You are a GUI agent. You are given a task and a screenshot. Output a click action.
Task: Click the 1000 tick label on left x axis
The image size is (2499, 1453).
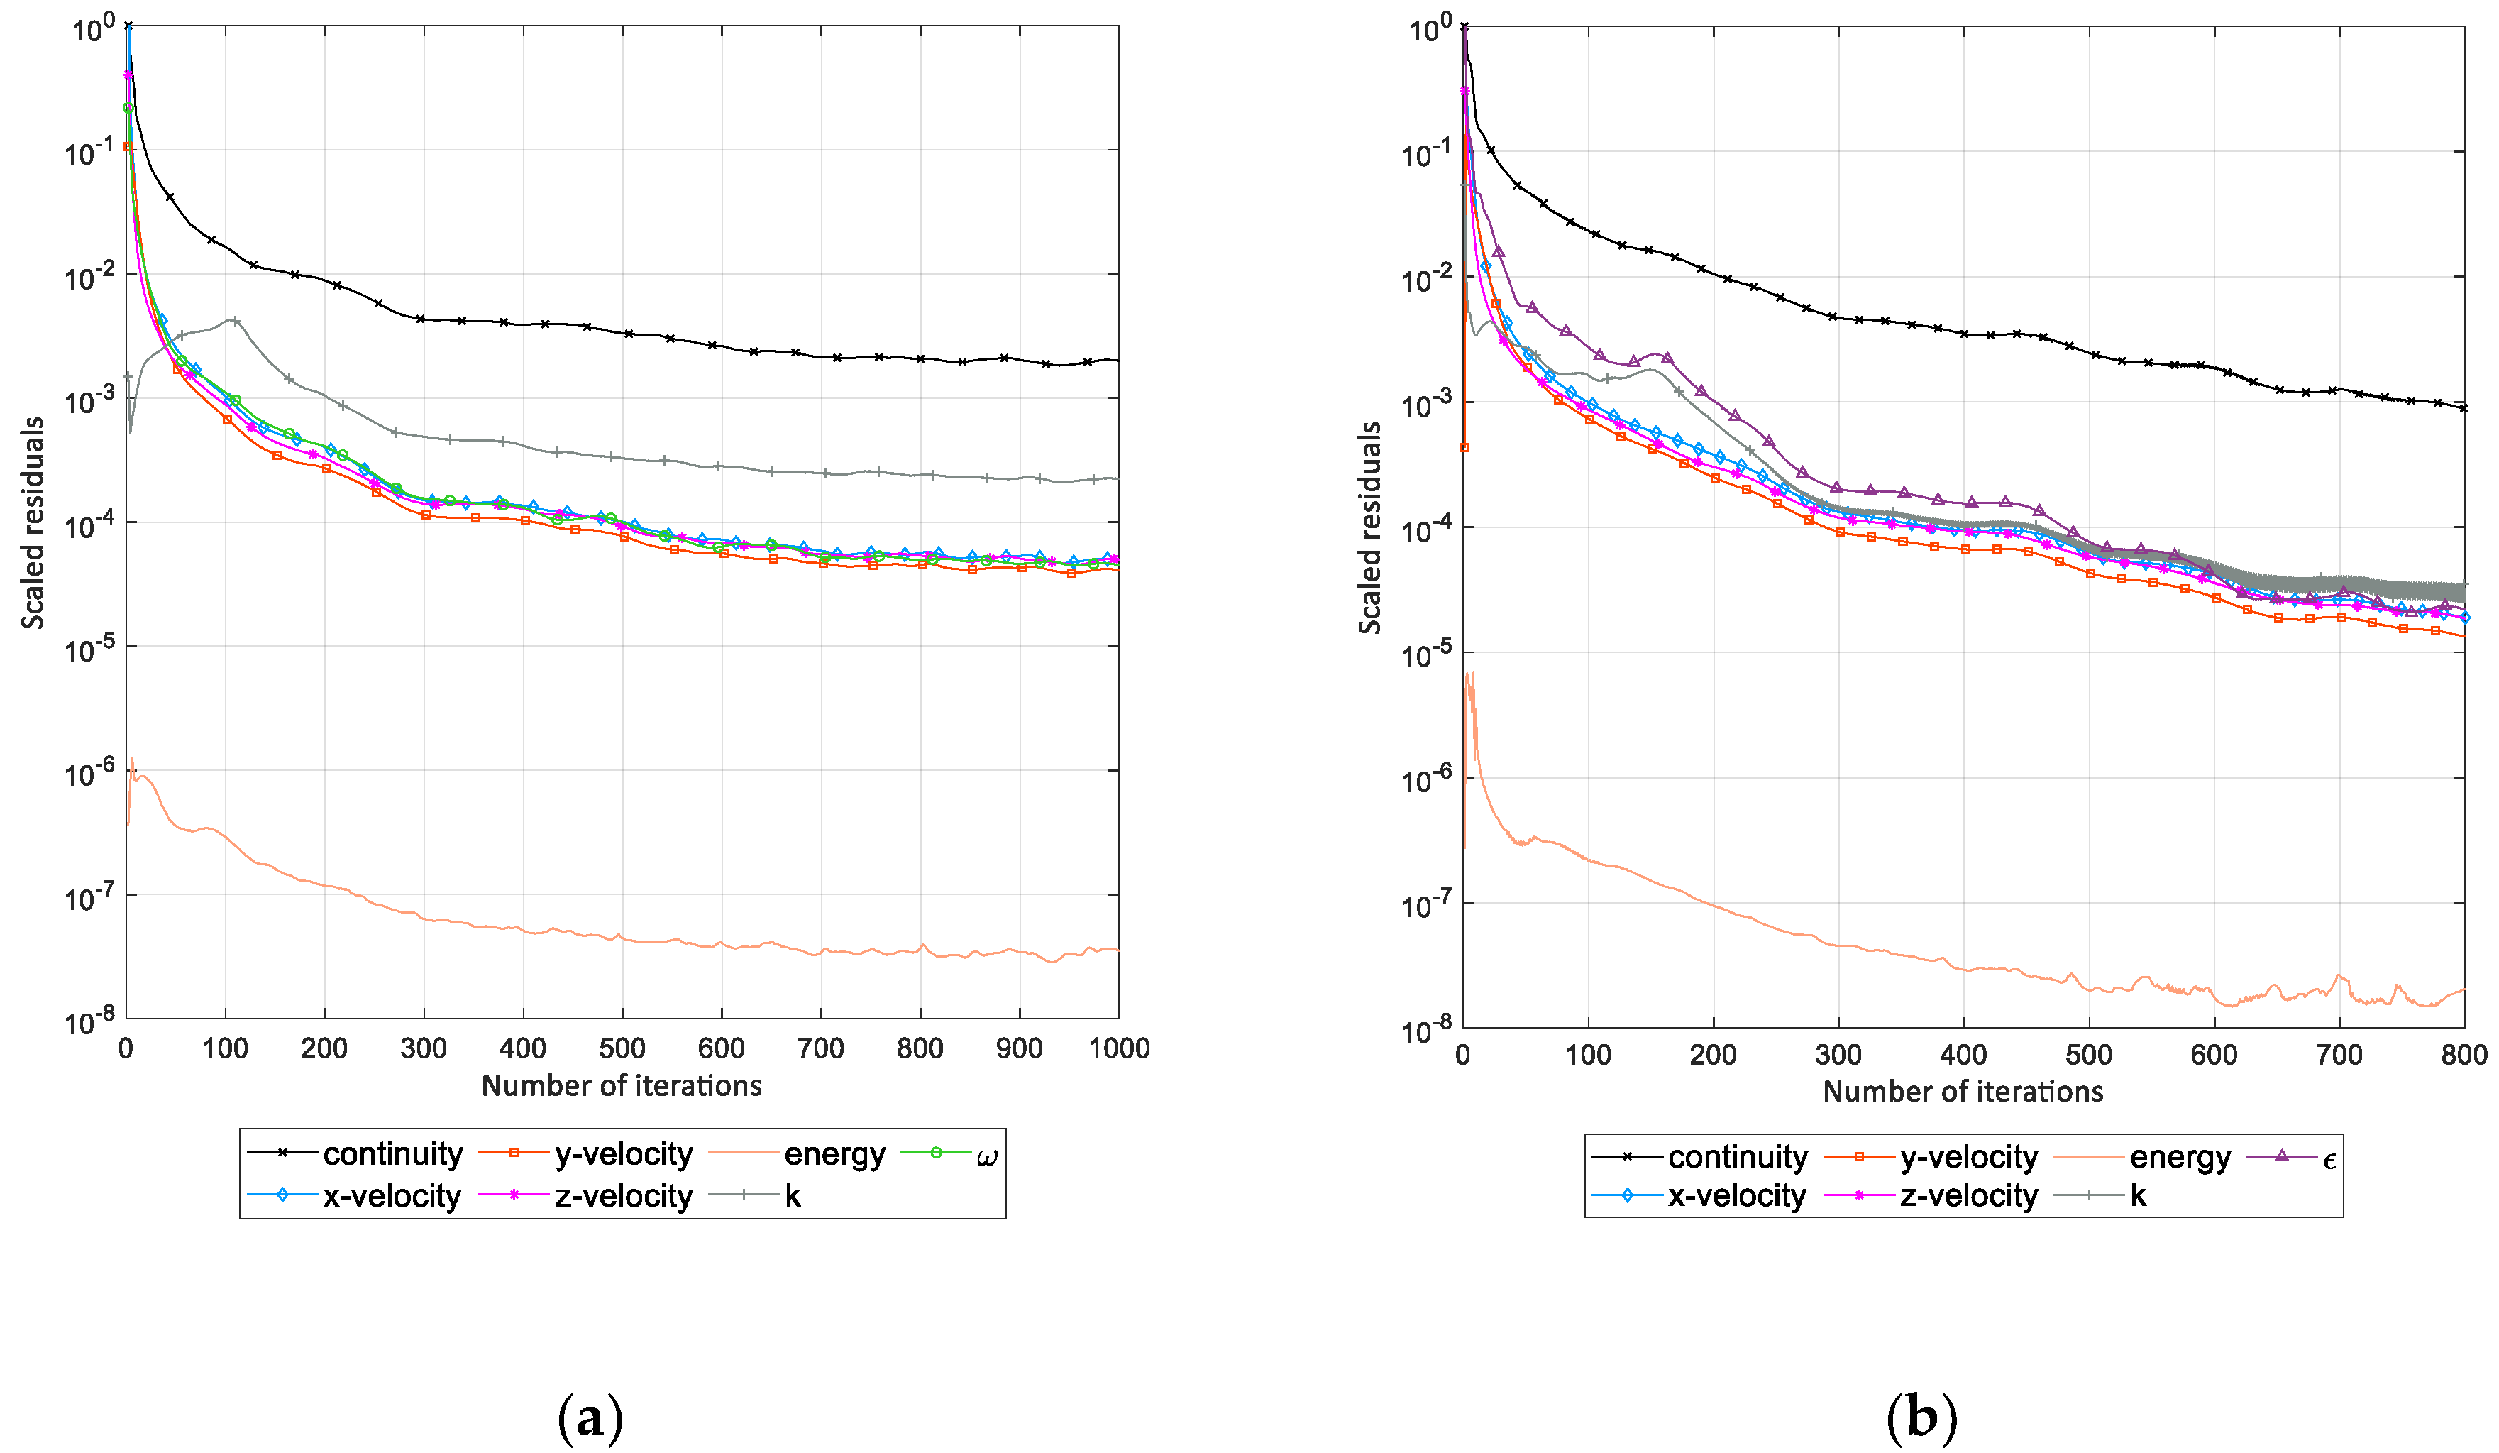pyautogui.click(x=1119, y=1049)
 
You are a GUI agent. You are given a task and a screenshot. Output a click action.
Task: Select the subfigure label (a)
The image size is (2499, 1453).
pyautogui.click(x=590, y=1418)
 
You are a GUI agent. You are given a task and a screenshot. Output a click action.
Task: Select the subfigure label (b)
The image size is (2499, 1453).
pyautogui.click(x=1921, y=1418)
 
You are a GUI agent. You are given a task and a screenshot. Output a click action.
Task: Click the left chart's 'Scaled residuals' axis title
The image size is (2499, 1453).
pyautogui.click(x=33, y=522)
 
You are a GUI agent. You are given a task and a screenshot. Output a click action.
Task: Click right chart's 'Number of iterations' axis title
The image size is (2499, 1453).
pyautogui.click(x=1963, y=1092)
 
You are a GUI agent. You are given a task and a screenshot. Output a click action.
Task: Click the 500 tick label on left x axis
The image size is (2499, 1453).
pyautogui.click(x=622, y=1049)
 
